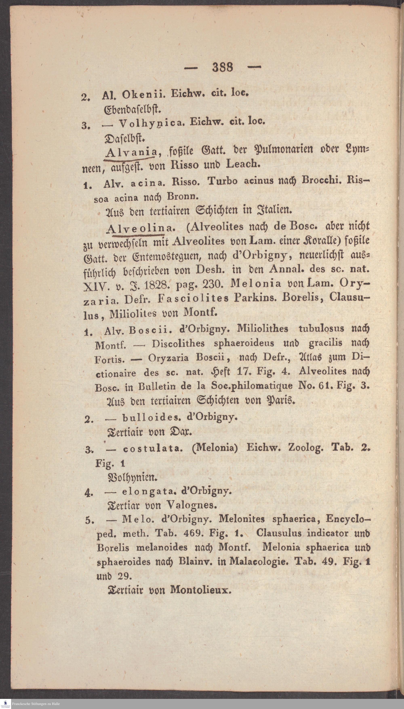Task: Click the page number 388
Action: pyautogui.click(x=223, y=67)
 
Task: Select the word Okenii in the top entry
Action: pyautogui.click(x=144, y=95)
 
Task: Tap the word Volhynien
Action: pyautogui.click(x=132, y=478)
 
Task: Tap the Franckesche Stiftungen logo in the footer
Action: pyautogui.click(x=5, y=704)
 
